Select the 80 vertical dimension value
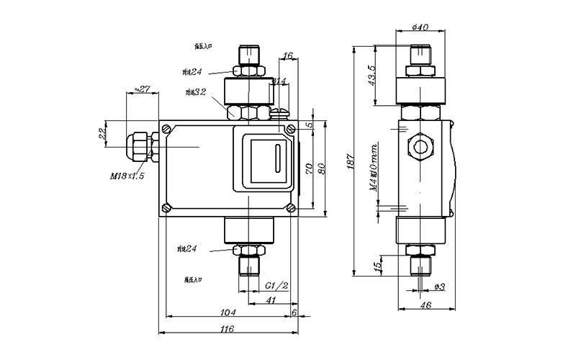coord(322,166)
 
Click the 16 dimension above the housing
coord(287,55)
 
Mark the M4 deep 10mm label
coord(374,166)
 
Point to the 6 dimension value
coord(294,311)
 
